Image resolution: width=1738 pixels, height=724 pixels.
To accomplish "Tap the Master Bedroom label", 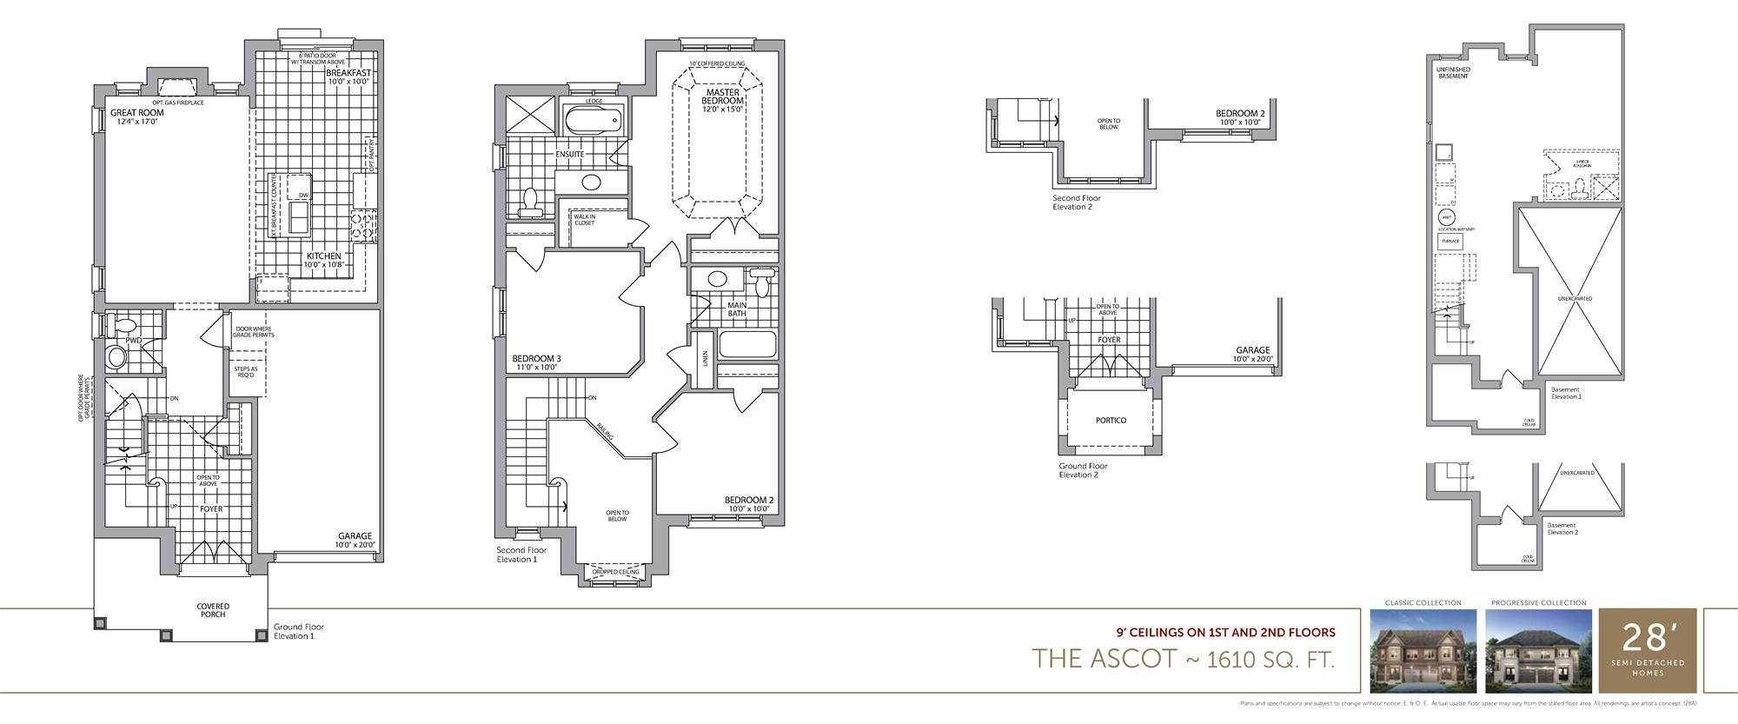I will click(722, 96).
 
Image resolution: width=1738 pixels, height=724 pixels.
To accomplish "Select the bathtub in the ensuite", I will click(594, 119).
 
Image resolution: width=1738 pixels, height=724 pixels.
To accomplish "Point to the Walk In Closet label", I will click(584, 220).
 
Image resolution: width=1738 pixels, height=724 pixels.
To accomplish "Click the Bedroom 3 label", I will click(536, 359).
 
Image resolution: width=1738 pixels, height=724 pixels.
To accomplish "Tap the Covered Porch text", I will click(213, 610).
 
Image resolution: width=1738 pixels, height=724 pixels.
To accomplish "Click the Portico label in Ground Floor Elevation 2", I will click(1111, 421).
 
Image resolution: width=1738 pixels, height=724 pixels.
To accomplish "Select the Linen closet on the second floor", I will click(705, 358).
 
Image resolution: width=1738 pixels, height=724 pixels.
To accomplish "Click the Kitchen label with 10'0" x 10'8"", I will click(323, 256).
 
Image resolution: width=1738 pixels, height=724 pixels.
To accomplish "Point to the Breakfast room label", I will click(348, 73).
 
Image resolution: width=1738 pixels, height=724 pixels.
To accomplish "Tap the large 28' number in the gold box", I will click(1647, 639).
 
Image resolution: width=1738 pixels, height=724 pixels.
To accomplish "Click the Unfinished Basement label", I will click(1453, 72).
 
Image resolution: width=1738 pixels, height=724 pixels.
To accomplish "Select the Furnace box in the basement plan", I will click(1449, 241).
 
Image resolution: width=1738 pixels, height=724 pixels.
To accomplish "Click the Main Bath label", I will click(737, 309).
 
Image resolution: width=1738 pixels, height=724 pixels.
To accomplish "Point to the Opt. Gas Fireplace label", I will click(177, 103).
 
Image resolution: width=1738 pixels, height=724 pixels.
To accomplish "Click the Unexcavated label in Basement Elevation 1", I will click(1575, 298).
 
